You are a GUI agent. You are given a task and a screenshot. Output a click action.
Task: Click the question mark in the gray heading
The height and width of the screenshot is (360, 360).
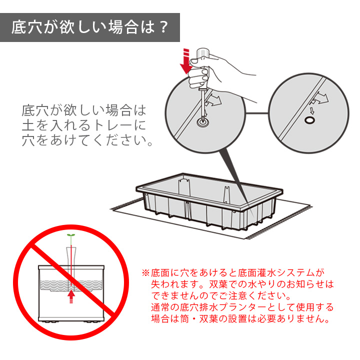163,27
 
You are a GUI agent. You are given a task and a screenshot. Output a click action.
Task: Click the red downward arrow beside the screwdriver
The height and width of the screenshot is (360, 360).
186,61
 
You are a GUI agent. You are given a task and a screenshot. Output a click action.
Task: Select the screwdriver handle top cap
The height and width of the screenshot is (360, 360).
202,53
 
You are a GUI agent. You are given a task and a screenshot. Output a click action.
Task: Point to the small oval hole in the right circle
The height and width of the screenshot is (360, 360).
309,120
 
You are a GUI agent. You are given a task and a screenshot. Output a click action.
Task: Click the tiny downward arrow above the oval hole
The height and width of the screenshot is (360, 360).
312,110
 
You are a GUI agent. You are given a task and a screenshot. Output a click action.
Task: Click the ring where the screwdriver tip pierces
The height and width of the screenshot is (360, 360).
203,122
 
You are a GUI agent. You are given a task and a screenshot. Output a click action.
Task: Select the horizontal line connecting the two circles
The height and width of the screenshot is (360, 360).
256,113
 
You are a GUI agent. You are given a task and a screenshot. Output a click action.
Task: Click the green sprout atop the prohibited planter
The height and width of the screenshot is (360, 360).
71,235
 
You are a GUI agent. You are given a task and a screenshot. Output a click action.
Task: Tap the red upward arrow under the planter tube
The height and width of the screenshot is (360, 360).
71,296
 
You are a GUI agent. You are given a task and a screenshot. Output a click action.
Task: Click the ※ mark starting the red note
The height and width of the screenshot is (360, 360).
145,273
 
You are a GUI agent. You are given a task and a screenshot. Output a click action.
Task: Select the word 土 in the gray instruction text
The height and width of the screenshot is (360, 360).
28,125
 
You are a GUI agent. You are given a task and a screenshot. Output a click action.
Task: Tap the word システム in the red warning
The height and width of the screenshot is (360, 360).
295,273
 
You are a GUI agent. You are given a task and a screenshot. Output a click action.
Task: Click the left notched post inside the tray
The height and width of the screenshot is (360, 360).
184,187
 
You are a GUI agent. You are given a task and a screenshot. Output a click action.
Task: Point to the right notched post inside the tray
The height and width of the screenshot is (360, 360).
226,194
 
